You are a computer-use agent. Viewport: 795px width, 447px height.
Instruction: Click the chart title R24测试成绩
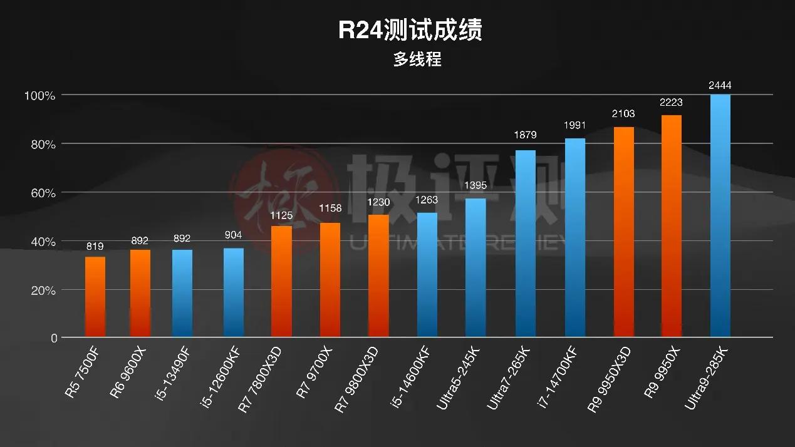pyautogui.click(x=410, y=30)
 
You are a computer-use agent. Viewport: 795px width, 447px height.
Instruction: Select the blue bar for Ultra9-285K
pyautogui.click(x=720, y=216)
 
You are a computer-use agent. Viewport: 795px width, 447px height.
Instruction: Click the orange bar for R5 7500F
pyautogui.click(x=95, y=297)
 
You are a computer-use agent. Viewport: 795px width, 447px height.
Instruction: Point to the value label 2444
pyautogui.click(x=720, y=85)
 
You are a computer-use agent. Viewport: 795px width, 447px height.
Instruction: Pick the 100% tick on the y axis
pyautogui.click(x=40, y=96)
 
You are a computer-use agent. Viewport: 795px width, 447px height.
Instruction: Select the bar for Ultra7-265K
pyautogui.click(x=525, y=244)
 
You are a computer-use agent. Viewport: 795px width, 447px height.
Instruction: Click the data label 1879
pyautogui.click(x=525, y=135)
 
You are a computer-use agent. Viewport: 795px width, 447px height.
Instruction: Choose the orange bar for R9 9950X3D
pyautogui.click(x=623, y=232)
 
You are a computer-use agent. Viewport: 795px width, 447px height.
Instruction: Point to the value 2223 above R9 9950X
pyautogui.click(x=671, y=103)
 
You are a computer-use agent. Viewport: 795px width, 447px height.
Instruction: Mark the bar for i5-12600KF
pyautogui.click(x=233, y=293)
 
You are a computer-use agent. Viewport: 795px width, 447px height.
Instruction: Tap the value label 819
pyautogui.click(x=95, y=246)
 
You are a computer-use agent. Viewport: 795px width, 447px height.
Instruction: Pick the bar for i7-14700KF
pyautogui.click(x=574, y=239)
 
